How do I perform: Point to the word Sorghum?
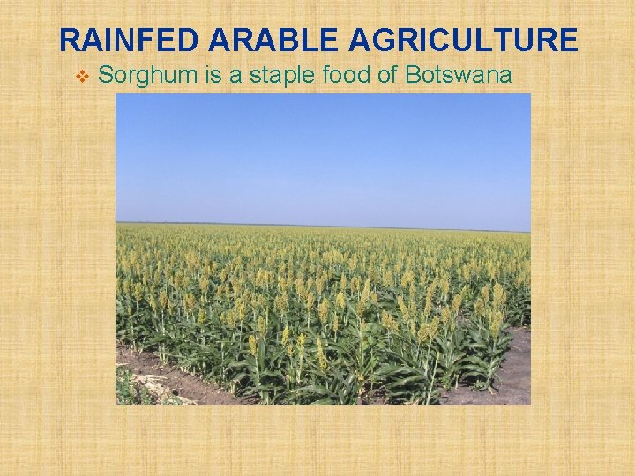click(147, 76)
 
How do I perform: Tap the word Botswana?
click(458, 76)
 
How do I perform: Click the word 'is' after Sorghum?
click(213, 76)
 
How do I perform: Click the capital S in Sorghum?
click(106, 76)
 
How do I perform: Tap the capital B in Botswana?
click(412, 76)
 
